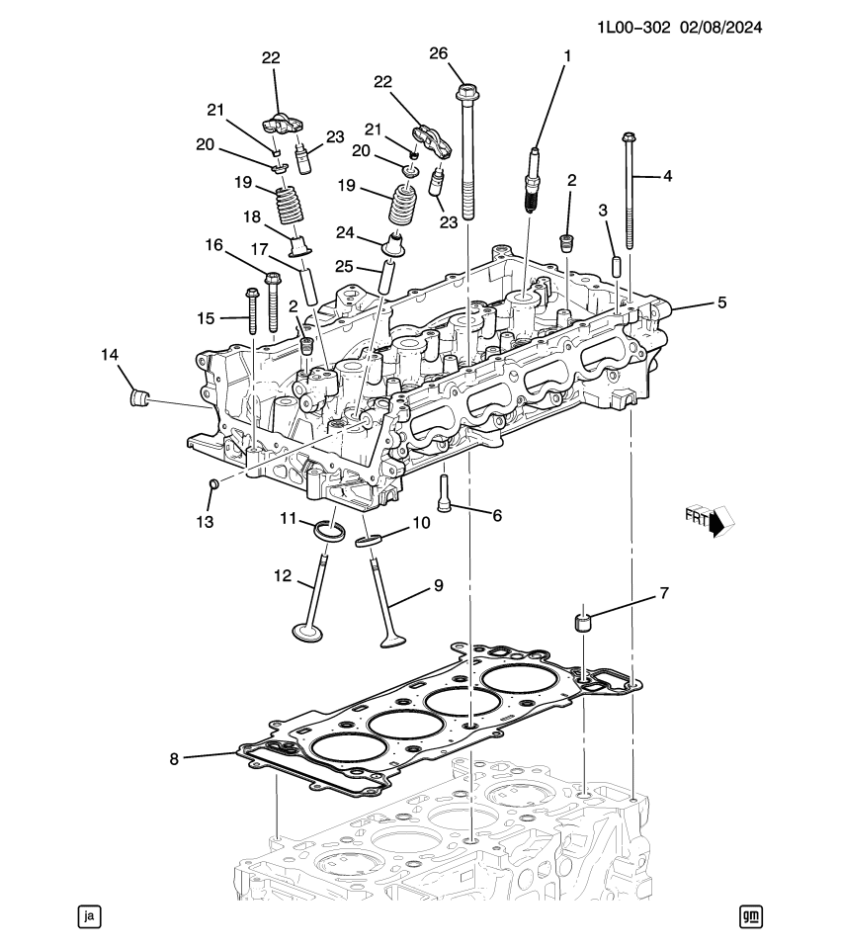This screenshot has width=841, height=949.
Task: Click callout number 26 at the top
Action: coord(463,53)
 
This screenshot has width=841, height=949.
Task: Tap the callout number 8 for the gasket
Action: coord(174,759)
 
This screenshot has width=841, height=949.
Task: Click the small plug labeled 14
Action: coord(138,398)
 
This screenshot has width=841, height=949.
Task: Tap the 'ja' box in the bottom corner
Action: coord(89,916)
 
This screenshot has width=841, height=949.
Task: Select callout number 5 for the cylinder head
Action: coord(721,302)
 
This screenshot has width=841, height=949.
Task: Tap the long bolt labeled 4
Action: coord(629,193)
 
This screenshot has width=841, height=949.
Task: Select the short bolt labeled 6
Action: coord(444,491)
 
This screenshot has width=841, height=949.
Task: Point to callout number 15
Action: coord(206,317)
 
